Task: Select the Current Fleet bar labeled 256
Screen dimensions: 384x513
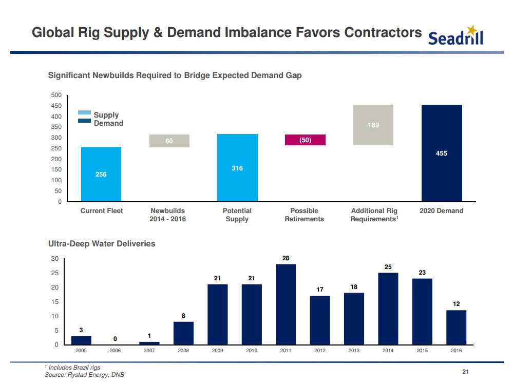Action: coord(101,174)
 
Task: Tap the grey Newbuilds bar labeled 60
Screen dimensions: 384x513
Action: coord(169,141)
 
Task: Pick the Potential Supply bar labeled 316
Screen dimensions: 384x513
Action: coord(237,167)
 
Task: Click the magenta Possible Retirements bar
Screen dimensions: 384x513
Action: coord(305,140)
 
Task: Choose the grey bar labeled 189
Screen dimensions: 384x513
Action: coord(373,125)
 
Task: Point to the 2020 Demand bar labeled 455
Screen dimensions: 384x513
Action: coord(441,153)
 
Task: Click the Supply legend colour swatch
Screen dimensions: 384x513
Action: coord(85,113)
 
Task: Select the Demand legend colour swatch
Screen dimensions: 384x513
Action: coord(85,121)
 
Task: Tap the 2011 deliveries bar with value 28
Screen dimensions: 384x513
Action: coord(286,304)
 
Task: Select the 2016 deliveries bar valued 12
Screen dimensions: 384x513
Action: coord(456,327)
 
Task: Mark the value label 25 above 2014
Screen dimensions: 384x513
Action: coord(388,266)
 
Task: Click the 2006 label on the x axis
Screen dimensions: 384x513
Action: coord(115,351)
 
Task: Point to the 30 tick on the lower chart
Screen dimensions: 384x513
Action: coord(54,258)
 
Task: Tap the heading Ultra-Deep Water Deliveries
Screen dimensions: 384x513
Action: coord(101,244)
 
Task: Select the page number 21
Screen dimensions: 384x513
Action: coord(466,372)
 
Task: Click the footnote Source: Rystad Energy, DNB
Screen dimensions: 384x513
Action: coord(84,375)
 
